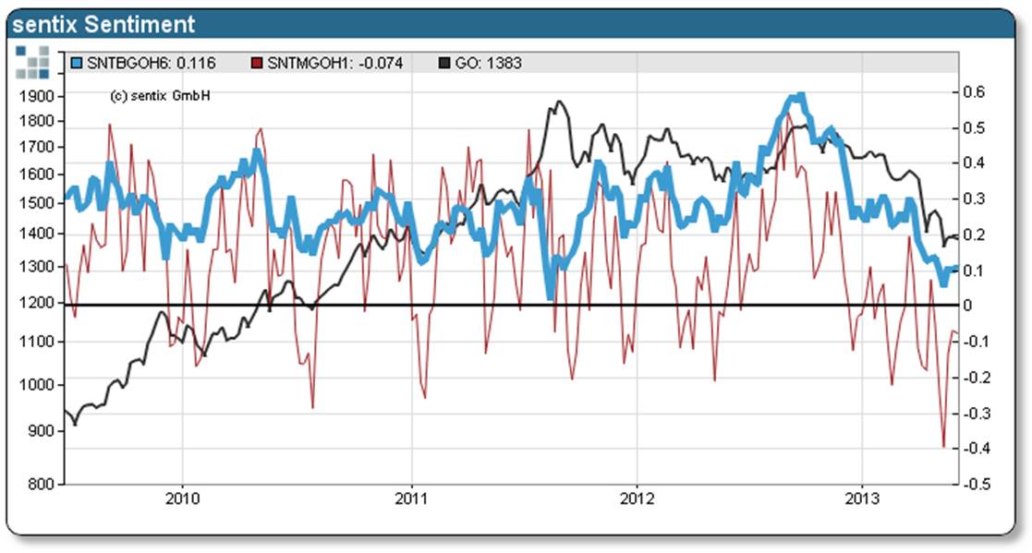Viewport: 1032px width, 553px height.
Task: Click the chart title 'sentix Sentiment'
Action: click(103, 24)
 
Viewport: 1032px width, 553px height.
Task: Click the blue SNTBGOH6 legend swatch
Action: click(78, 64)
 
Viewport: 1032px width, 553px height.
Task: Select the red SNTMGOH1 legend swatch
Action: click(258, 64)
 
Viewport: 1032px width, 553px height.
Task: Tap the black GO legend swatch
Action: click(444, 64)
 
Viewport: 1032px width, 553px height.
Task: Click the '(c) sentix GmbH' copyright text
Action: click(160, 96)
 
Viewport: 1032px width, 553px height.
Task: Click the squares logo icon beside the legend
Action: click(32, 61)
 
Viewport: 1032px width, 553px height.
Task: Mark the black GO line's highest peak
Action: click(558, 102)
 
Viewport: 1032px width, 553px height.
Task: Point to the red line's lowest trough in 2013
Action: click(943, 447)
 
